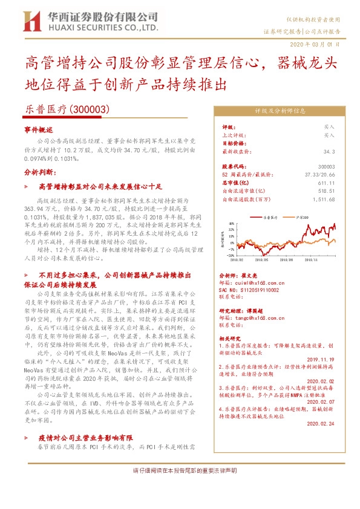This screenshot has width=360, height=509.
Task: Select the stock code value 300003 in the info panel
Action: pos(326,166)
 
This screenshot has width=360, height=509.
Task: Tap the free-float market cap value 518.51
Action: pos(326,189)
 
